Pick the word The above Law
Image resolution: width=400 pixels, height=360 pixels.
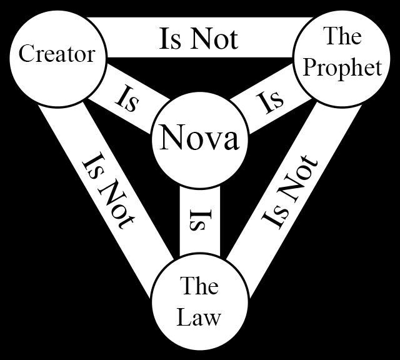[x=199, y=287]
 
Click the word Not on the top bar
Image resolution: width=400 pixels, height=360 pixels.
[x=216, y=39]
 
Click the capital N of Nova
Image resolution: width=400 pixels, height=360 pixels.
[x=170, y=138]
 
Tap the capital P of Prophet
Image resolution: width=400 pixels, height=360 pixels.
[x=309, y=67]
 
